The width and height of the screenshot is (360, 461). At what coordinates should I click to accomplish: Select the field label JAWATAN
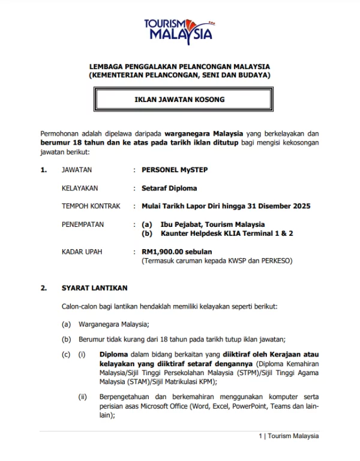pos(77,170)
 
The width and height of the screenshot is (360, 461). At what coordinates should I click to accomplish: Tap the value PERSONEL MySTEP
pos(175,170)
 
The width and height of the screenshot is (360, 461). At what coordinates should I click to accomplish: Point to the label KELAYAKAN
pos(80,188)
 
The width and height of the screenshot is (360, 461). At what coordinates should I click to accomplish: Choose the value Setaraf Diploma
pos(169,188)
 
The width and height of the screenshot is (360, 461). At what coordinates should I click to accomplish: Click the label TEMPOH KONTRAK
pos(91,206)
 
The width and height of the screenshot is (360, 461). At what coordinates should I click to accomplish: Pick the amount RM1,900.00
pos(163,252)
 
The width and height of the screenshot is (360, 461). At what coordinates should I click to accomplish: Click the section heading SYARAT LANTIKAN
pos(94,288)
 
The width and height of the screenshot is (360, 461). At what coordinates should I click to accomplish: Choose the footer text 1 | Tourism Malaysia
pos(289,436)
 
